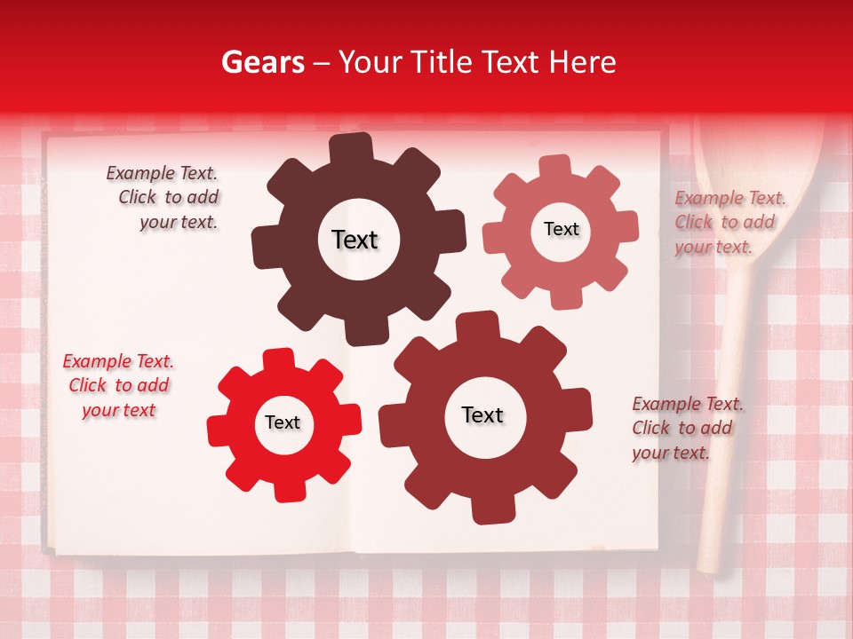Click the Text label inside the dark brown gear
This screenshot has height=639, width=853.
(x=355, y=240)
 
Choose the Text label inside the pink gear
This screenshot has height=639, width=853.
(x=561, y=229)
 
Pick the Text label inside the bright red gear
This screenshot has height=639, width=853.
(x=283, y=422)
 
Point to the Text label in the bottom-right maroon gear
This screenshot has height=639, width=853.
(x=482, y=414)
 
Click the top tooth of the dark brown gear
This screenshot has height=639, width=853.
(x=352, y=147)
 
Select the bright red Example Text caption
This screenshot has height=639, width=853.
(x=118, y=385)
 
